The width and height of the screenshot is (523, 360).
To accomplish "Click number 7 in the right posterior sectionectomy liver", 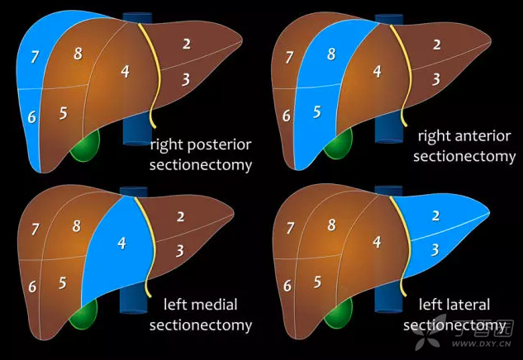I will coord(35,57).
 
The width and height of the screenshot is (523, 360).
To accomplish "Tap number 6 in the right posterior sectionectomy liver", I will coord(32,117).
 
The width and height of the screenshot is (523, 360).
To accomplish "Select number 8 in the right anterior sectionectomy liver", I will coord(331,54).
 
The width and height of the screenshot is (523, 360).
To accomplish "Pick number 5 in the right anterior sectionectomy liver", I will coord(316,112).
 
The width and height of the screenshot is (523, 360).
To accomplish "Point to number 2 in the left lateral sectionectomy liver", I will coord(436,216).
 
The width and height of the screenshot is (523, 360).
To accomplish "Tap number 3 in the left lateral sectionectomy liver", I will coord(435,249).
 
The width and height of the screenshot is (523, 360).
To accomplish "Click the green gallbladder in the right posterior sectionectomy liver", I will coord(84,148).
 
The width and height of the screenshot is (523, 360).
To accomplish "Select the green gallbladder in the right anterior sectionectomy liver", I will coord(336,146).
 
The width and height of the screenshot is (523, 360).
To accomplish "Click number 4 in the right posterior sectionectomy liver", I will coord(125,72).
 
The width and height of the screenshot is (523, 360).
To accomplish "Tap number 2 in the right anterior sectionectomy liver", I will coord(436,45).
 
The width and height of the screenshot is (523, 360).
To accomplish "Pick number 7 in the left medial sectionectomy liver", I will coord(35,229).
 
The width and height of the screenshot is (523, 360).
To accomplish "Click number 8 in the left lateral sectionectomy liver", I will coord(331,225).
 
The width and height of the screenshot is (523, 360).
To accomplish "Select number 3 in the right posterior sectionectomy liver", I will coord(186,78).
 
